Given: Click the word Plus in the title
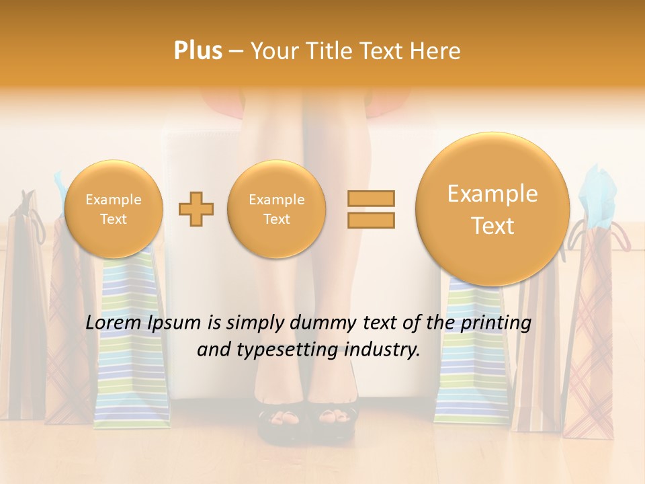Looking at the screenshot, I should tap(198, 50).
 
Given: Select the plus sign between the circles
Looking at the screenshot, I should tap(196, 209).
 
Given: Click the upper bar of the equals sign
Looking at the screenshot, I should tap(370, 198).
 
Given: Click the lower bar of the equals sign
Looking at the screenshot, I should tap(370, 220).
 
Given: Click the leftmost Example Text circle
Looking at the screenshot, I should tap(114, 209).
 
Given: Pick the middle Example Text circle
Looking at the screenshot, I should tap(277, 209).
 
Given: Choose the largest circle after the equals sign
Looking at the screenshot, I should tap(492, 209).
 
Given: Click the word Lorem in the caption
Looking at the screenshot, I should tap(114, 323).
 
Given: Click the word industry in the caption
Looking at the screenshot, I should tap(386, 350).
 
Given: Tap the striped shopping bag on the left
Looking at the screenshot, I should tap(132, 350).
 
